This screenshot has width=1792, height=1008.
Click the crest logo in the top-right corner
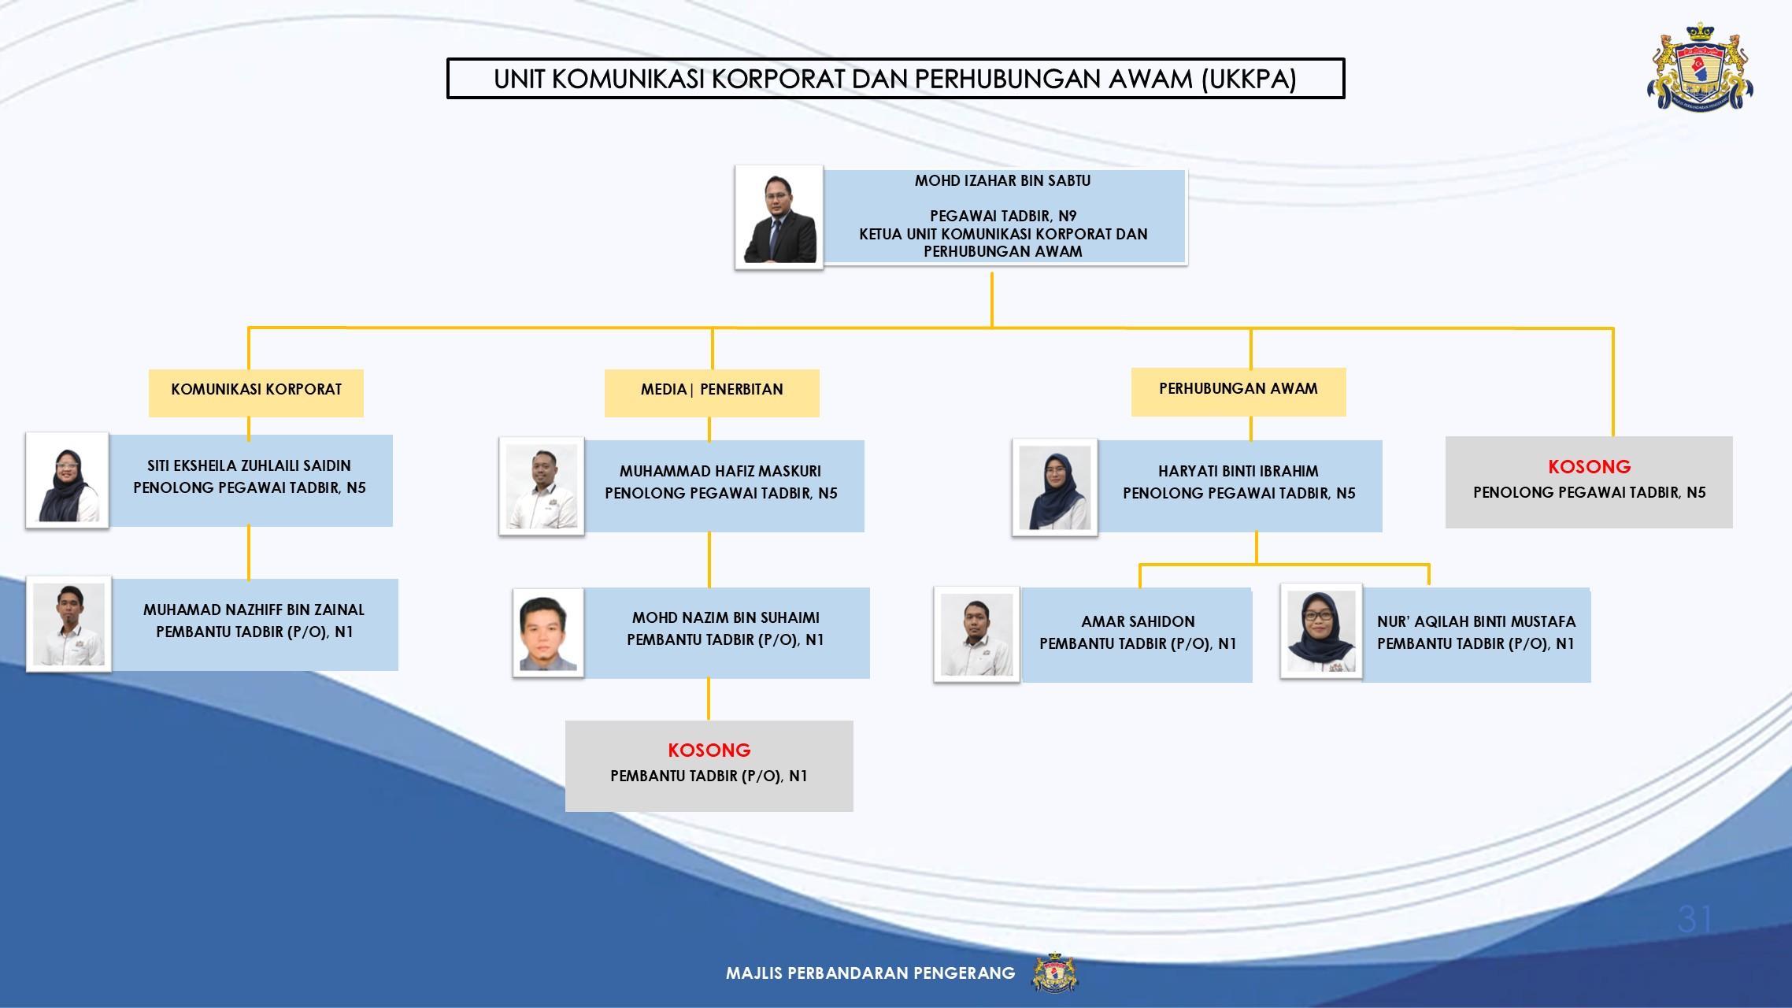tap(1700, 66)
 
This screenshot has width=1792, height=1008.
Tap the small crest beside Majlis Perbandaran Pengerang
tap(1054, 973)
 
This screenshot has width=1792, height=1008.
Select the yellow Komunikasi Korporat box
tap(256, 392)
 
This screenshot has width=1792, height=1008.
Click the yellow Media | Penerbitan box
tap(712, 392)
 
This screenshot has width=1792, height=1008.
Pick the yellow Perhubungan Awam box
tap(1238, 391)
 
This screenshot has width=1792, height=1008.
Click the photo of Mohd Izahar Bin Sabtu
tap(779, 218)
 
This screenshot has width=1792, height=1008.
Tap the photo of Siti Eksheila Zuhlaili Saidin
tap(68, 480)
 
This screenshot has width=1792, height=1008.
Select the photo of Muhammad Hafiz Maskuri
tap(542, 487)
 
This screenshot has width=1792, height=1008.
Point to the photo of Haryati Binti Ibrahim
tap(1055, 487)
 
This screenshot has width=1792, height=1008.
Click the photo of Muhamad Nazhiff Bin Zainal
tap(68, 624)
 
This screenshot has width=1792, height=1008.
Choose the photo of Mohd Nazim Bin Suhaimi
tap(549, 633)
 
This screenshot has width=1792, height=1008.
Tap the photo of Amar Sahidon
tap(977, 634)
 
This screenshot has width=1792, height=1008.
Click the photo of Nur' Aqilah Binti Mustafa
tap(1321, 632)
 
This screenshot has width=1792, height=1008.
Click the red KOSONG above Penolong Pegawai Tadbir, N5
tap(1590, 467)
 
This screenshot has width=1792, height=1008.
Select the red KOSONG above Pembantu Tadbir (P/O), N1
tap(709, 750)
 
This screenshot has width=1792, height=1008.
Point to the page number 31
tap(1694, 919)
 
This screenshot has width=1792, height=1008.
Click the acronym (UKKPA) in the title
tap(1250, 80)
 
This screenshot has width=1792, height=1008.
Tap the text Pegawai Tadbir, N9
tap(1003, 216)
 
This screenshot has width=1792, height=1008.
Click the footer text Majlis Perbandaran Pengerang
tap(871, 973)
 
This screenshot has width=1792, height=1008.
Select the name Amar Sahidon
tap(1138, 621)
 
